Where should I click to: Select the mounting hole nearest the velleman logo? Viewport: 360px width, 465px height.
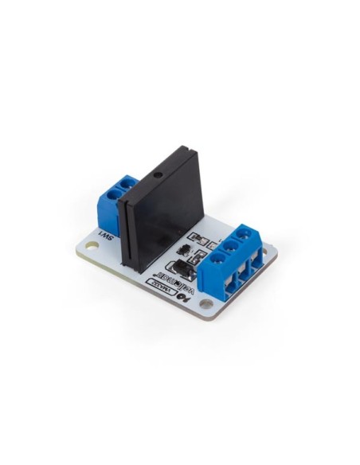(206, 303)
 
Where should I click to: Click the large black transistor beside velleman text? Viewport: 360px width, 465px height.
(182, 265)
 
